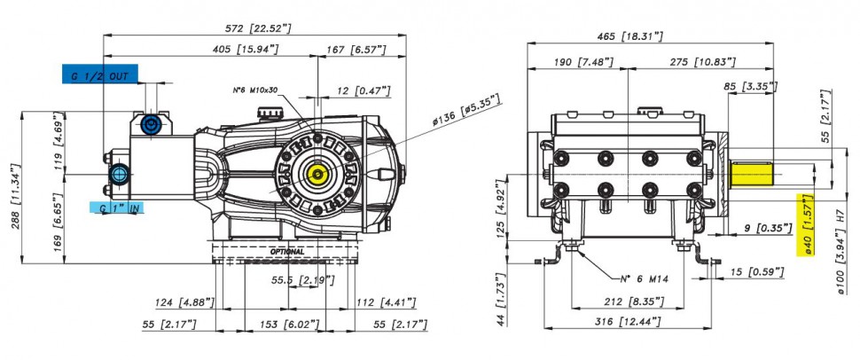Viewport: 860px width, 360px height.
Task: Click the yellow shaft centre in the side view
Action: click(315, 170)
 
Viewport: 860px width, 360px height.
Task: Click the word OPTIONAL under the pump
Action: click(285, 252)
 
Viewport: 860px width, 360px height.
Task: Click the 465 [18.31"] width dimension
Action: click(629, 37)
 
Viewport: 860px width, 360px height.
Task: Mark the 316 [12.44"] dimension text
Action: click(630, 321)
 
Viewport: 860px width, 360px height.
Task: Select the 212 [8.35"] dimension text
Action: click(629, 301)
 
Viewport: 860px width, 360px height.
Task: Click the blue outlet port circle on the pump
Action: click(150, 123)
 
